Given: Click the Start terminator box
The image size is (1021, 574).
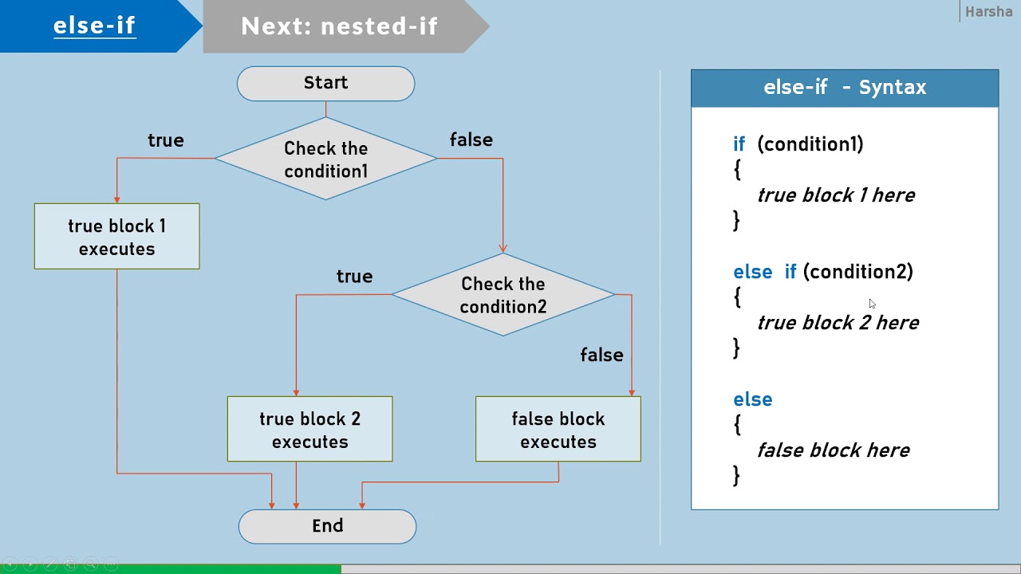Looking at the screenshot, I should [x=325, y=84].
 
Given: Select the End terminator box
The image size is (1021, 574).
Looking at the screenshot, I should [x=327, y=526].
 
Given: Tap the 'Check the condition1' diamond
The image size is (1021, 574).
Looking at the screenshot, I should [x=325, y=159].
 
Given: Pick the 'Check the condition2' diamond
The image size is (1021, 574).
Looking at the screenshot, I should [x=503, y=295].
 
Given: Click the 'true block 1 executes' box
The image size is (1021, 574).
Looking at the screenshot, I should [x=116, y=237].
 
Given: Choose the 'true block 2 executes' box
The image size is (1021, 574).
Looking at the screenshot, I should [x=309, y=430].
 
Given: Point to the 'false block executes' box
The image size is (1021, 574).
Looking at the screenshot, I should [x=558, y=430].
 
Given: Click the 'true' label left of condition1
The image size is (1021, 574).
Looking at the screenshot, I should [x=166, y=140].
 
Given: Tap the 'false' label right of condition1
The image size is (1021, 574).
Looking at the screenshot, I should [x=471, y=140].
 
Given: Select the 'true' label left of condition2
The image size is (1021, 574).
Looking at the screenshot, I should [x=354, y=277].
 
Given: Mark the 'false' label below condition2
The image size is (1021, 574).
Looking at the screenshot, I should [x=601, y=356].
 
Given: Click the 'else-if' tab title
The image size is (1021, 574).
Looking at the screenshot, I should [x=94, y=26].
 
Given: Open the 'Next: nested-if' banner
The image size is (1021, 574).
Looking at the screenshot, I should [x=340, y=26].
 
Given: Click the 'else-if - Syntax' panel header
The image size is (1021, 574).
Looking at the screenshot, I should [x=844, y=88].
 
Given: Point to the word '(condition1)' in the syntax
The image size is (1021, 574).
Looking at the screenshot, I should [x=810, y=144].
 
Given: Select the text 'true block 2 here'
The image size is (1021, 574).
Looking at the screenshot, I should [x=838, y=323].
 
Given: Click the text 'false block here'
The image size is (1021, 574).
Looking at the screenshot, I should [x=833, y=450].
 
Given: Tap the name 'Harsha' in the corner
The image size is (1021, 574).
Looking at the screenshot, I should [x=988, y=12].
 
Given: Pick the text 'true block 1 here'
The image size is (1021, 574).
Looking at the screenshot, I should [x=835, y=195].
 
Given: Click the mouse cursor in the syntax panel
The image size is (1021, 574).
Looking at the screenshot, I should [x=872, y=304].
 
